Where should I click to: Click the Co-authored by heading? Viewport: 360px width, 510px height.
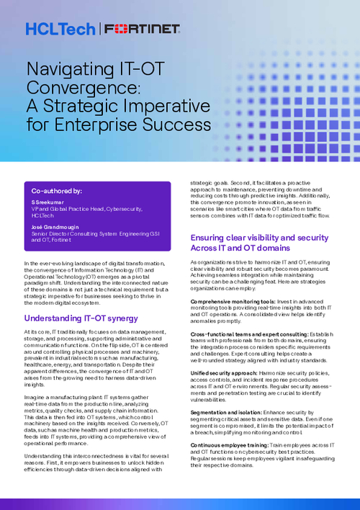tap(56, 192)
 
